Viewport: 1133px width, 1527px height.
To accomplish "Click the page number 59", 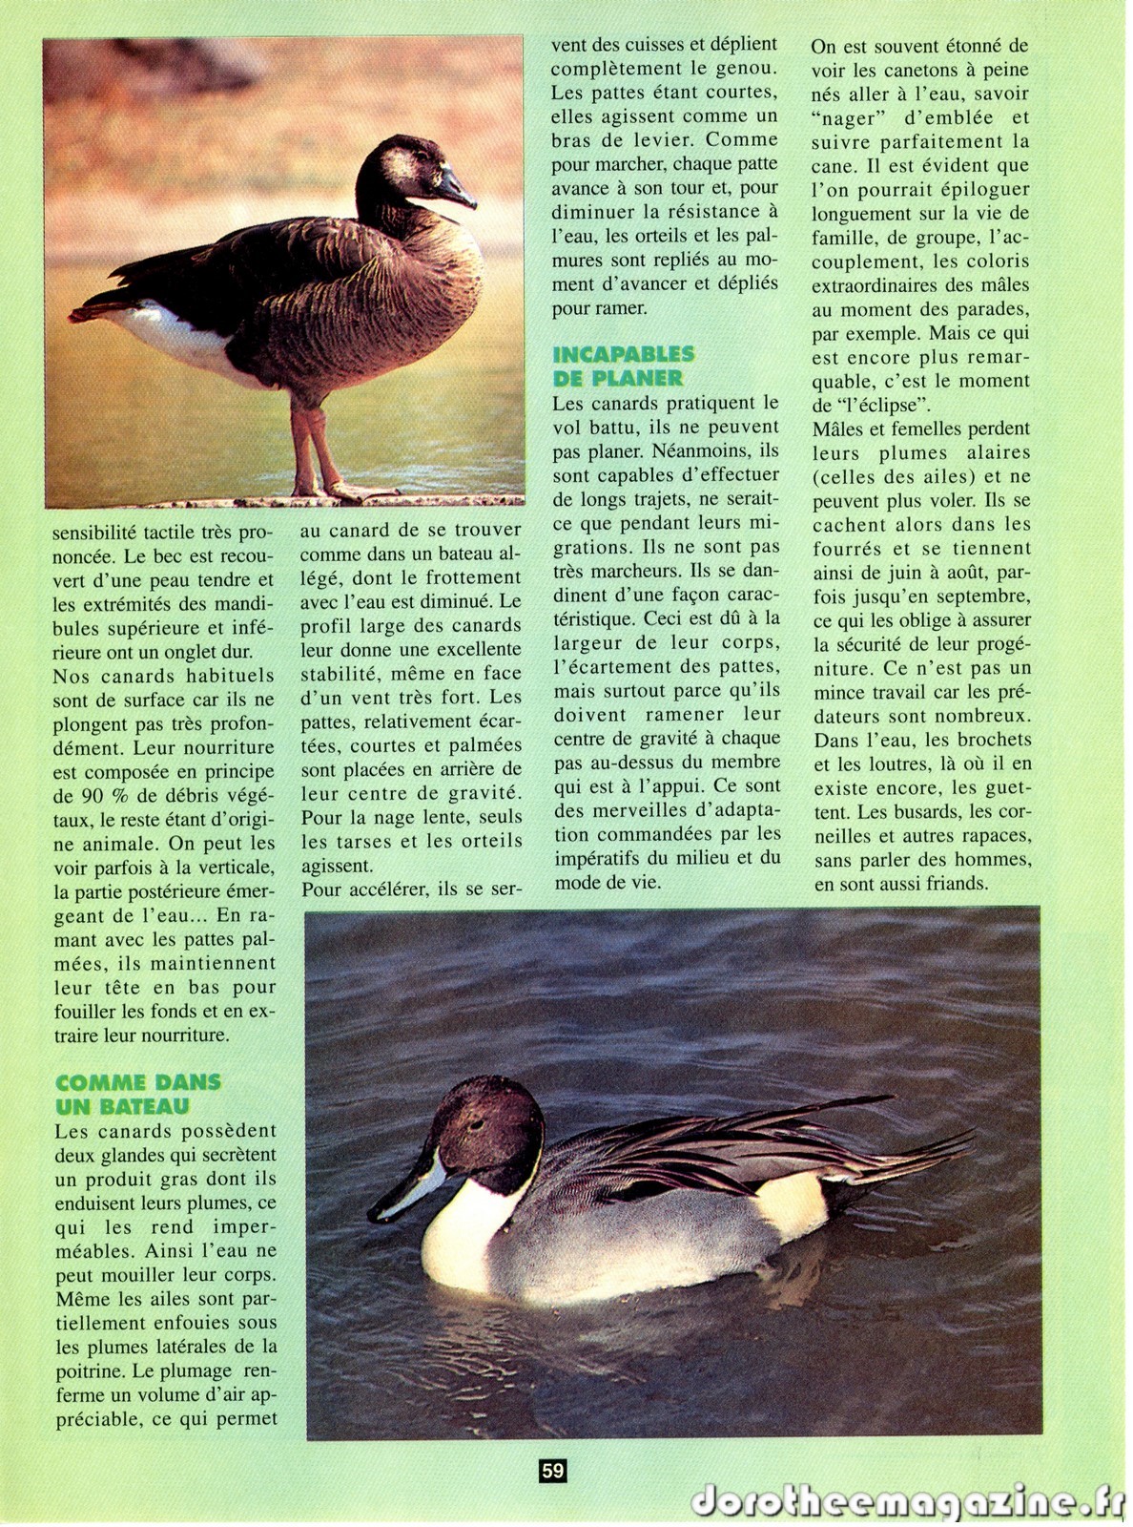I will (x=553, y=1471).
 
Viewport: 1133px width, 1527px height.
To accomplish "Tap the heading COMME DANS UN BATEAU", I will (x=137, y=1095).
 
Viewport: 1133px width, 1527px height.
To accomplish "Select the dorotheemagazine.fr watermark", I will (x=906, y=1501).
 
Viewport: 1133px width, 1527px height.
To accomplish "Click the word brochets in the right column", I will (x=991, y=740).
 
